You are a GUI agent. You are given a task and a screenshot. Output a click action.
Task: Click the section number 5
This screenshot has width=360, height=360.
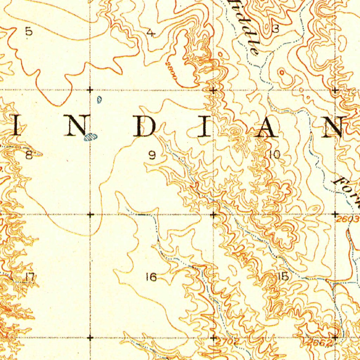(29, 32)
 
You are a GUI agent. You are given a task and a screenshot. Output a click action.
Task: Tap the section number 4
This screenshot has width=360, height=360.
(151, 33)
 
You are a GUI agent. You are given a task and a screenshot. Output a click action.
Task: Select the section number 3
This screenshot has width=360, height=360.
(276, 30)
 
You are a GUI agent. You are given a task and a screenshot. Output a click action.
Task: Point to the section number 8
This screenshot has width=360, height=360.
(29, 155)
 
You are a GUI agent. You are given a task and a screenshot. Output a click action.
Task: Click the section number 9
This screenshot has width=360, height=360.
(152, 155)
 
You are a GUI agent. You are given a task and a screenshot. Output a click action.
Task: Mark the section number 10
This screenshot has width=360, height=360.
(275, 154)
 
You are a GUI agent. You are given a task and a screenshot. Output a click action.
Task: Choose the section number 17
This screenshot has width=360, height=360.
(30, 277)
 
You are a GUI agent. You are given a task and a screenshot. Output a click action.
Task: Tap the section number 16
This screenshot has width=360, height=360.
(151, 277)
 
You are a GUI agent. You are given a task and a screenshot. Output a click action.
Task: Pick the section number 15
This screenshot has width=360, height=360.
(283, 277)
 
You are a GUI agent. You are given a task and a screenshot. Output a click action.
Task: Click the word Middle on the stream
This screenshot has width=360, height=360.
(247, 26)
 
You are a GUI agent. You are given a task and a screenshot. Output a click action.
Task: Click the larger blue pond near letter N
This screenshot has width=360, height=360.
(90, 137)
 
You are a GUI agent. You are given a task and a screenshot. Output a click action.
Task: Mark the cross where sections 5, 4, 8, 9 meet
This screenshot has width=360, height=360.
(90, 90)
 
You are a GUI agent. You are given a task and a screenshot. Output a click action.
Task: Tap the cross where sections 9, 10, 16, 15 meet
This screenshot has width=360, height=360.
(213, 214)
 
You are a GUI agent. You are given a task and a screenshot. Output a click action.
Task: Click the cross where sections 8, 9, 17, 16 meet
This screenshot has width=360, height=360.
(90, 214)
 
